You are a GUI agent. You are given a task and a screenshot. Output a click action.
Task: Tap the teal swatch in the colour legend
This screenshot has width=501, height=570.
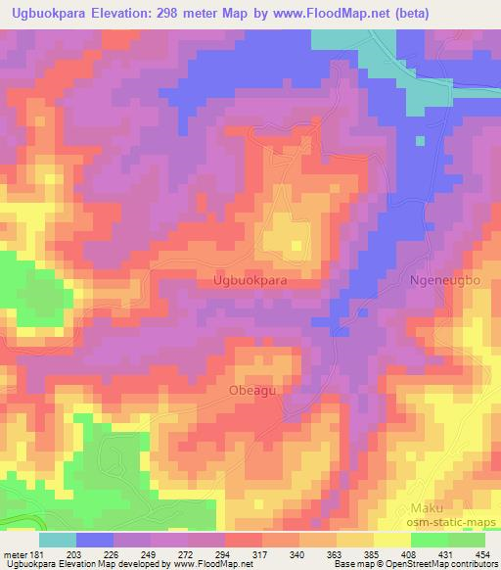(58, 540)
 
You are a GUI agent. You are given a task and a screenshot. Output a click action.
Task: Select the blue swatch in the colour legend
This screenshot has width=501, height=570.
(95, 540)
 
